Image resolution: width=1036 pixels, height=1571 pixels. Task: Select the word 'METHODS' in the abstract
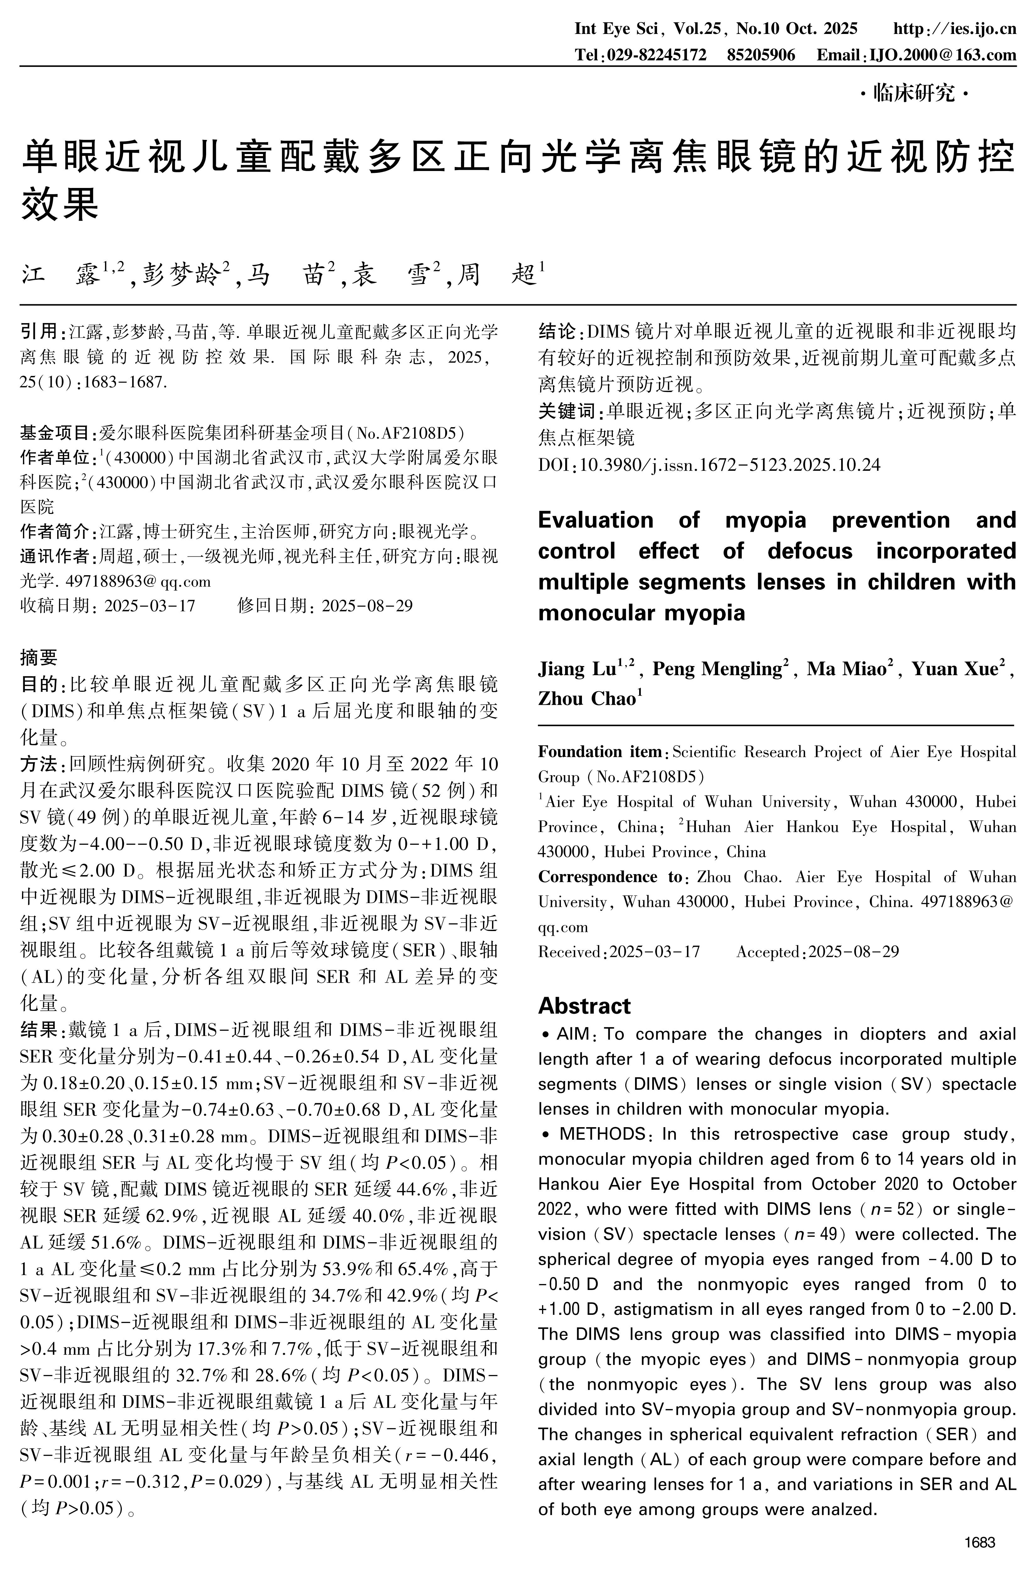coord(601,1134)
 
